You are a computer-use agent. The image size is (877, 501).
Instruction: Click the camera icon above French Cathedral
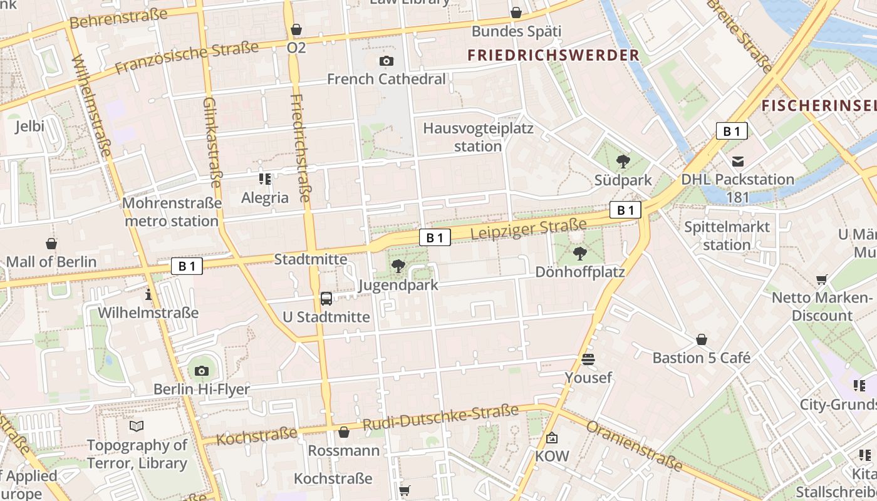[387, 61]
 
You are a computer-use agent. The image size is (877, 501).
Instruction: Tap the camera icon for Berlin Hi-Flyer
[201, 371]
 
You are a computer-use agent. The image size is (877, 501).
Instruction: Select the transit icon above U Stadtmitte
[326, 298]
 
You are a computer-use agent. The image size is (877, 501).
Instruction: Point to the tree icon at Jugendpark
[398, 267]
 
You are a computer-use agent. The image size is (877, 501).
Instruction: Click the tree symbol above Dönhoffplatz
[580, 254]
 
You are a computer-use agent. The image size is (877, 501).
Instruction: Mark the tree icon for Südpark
[623, 162]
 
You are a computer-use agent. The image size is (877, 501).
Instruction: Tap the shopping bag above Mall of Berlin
[51, 243]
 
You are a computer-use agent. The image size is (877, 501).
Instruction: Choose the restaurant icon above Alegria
[265, 179]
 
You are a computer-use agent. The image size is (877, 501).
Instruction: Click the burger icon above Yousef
[588, 359]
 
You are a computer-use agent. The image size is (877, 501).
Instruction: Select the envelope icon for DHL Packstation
[737, 162]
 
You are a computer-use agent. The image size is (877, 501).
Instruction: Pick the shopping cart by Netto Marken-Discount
[821, 279]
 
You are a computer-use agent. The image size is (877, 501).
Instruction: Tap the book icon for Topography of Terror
[137, 426]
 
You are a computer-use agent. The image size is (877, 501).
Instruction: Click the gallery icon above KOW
[552, 437]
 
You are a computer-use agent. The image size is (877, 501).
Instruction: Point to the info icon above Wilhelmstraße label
[148, 294]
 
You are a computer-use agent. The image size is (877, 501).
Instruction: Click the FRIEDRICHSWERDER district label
[554, 55]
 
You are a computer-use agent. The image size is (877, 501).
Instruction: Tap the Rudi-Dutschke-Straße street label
[440, 418]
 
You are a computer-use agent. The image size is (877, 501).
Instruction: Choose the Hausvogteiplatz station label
[478, 137]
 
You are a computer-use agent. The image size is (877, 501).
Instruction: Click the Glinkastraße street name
[212, 142]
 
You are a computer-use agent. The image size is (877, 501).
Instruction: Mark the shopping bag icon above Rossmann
[343, 432]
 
